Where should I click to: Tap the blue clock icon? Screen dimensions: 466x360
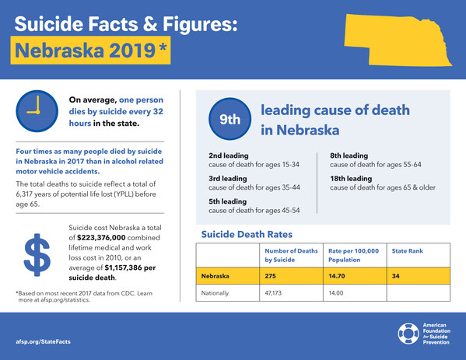37,111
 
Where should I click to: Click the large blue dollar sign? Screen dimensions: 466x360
37,255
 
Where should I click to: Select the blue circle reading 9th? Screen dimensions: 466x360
229,119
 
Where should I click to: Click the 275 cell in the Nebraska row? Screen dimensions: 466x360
271,276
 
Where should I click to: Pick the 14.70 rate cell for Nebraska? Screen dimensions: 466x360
336,276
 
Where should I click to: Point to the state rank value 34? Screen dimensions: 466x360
395,276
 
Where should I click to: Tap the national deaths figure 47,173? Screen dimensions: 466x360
273,293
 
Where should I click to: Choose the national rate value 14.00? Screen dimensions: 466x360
336,293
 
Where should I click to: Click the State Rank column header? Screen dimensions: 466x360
407,251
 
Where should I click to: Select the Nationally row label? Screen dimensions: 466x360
215,293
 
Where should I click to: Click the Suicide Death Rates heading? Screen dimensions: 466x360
247,234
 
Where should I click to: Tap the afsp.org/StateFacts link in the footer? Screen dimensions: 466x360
43,341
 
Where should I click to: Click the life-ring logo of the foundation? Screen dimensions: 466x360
408,334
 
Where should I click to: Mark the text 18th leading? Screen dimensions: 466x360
351,179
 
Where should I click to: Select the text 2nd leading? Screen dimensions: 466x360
229,156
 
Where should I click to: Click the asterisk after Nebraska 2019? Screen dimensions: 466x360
163,47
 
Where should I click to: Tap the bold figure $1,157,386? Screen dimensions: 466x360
124,267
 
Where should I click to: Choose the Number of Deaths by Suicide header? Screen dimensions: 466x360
291,255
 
